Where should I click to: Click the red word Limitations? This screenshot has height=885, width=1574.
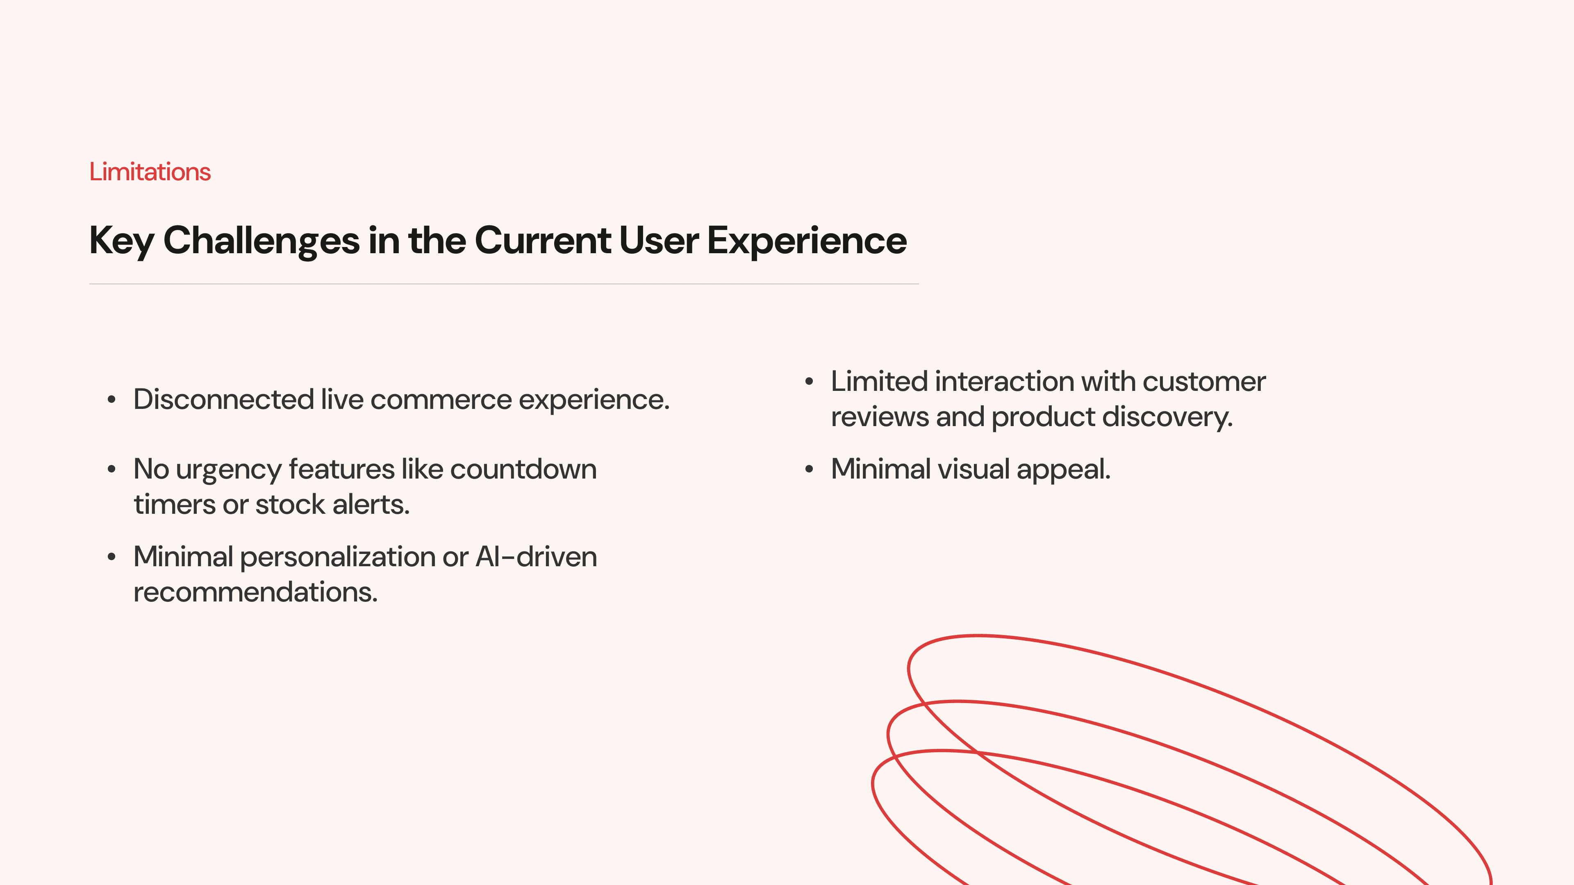point(150,172)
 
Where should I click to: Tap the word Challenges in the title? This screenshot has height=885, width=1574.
point(262,240)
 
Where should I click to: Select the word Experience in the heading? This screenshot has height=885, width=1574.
point(807,241)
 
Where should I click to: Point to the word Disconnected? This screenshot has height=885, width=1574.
point(224,399)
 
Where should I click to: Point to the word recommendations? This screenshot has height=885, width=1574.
point(255,592)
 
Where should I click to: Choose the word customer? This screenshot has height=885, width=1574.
point(1204,382)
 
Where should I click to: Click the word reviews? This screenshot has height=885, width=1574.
point(880,417)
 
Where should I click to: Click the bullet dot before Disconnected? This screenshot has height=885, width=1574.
point(111,400)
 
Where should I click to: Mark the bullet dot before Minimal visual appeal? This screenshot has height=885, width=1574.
point(810,470)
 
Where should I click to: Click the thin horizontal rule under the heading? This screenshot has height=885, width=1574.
point(504,284)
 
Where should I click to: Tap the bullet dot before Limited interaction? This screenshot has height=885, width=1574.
point(810,382)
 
